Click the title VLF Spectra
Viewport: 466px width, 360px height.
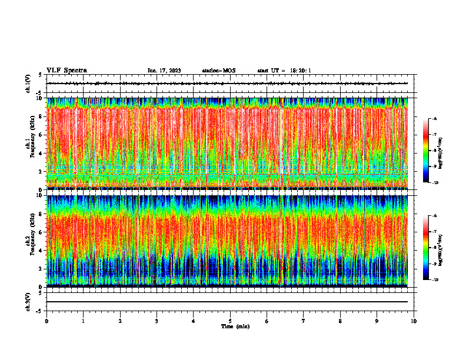coord(66,70)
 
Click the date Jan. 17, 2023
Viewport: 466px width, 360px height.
coord(164,71)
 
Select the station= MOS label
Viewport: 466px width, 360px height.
coord(218,71)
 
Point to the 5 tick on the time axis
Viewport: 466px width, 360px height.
coord(231,321)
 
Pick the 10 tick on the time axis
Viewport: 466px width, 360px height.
coord(414,321)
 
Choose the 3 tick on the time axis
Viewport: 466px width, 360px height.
coord(157,321)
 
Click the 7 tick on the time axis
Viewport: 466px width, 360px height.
coord(304,321)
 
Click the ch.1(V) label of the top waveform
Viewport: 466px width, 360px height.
coord(28,84)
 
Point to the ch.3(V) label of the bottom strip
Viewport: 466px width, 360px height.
coord(28,301)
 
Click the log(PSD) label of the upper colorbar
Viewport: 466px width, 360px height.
coord(450,151)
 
